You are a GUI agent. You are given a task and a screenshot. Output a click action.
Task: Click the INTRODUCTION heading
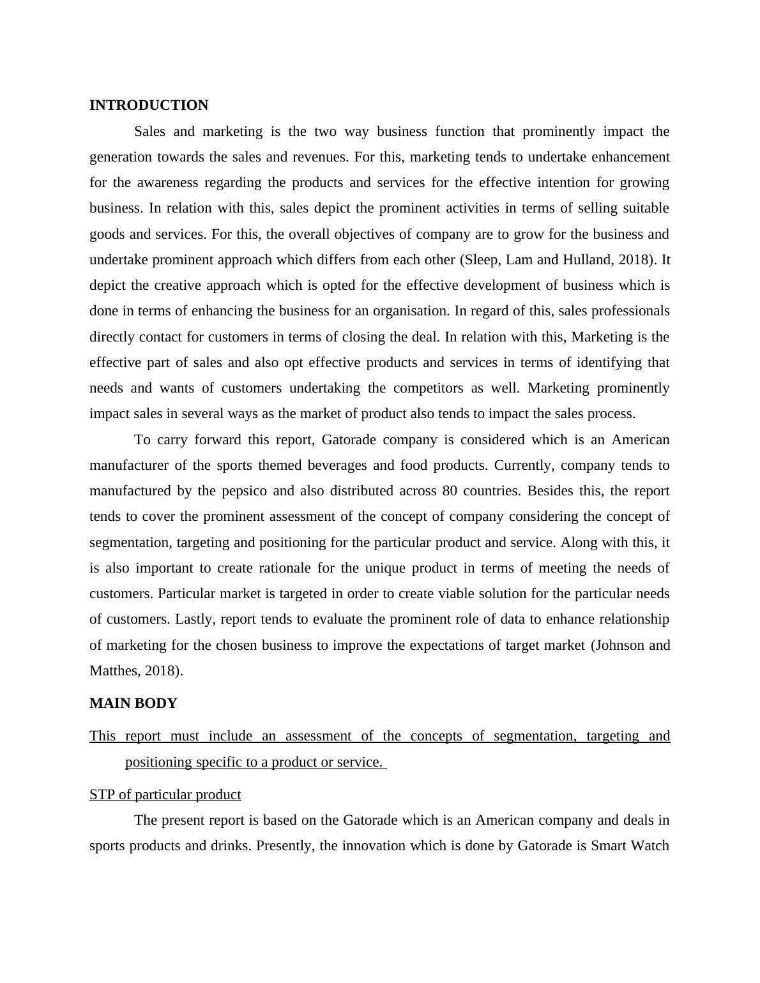tap(149, 105)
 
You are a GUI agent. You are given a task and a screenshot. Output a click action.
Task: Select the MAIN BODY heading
tap(133, 703)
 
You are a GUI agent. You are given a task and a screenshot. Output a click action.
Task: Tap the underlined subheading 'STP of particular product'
tap(165, 795)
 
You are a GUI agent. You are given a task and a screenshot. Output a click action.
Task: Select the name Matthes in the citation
tap(112, 671)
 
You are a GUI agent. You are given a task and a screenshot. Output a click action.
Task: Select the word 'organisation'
tap(408, 311)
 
